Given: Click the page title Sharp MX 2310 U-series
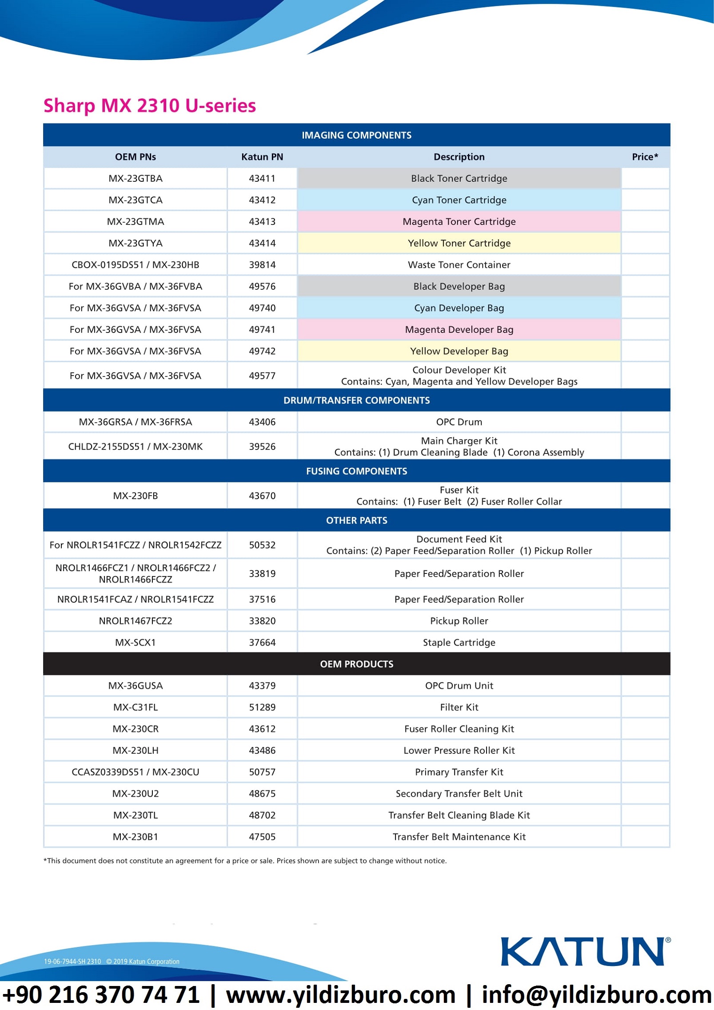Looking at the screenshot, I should pos(149,106).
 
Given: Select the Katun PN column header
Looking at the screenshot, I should pos(262,157).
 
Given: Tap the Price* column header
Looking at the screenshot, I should pos(644,157).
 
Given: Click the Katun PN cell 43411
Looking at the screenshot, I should pos(262,178).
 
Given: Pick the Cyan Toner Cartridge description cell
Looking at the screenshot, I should pos(459,200).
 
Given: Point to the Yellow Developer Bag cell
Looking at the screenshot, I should pos(459,351).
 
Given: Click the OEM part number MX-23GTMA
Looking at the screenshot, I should pos(136,221).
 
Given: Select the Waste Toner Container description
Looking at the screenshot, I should pos(459,265).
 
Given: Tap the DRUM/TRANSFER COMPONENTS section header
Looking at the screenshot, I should pos(356,400).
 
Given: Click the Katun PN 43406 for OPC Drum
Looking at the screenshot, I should pos(262,422).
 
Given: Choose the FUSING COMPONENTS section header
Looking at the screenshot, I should pos(356,471).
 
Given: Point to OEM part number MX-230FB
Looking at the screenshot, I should pos(136,496).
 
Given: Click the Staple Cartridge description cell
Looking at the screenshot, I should pos(459,642).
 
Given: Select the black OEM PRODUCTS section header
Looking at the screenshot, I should pos(356,664).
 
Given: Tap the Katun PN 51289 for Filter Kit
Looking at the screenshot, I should pos(262,707).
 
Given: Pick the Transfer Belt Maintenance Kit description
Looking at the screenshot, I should pos(459,837).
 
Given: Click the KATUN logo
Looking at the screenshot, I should pos(584,951).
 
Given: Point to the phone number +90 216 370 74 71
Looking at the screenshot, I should pos(101,995).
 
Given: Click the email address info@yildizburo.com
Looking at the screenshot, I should pos(597,995).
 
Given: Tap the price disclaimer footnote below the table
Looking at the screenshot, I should pos(245,861).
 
